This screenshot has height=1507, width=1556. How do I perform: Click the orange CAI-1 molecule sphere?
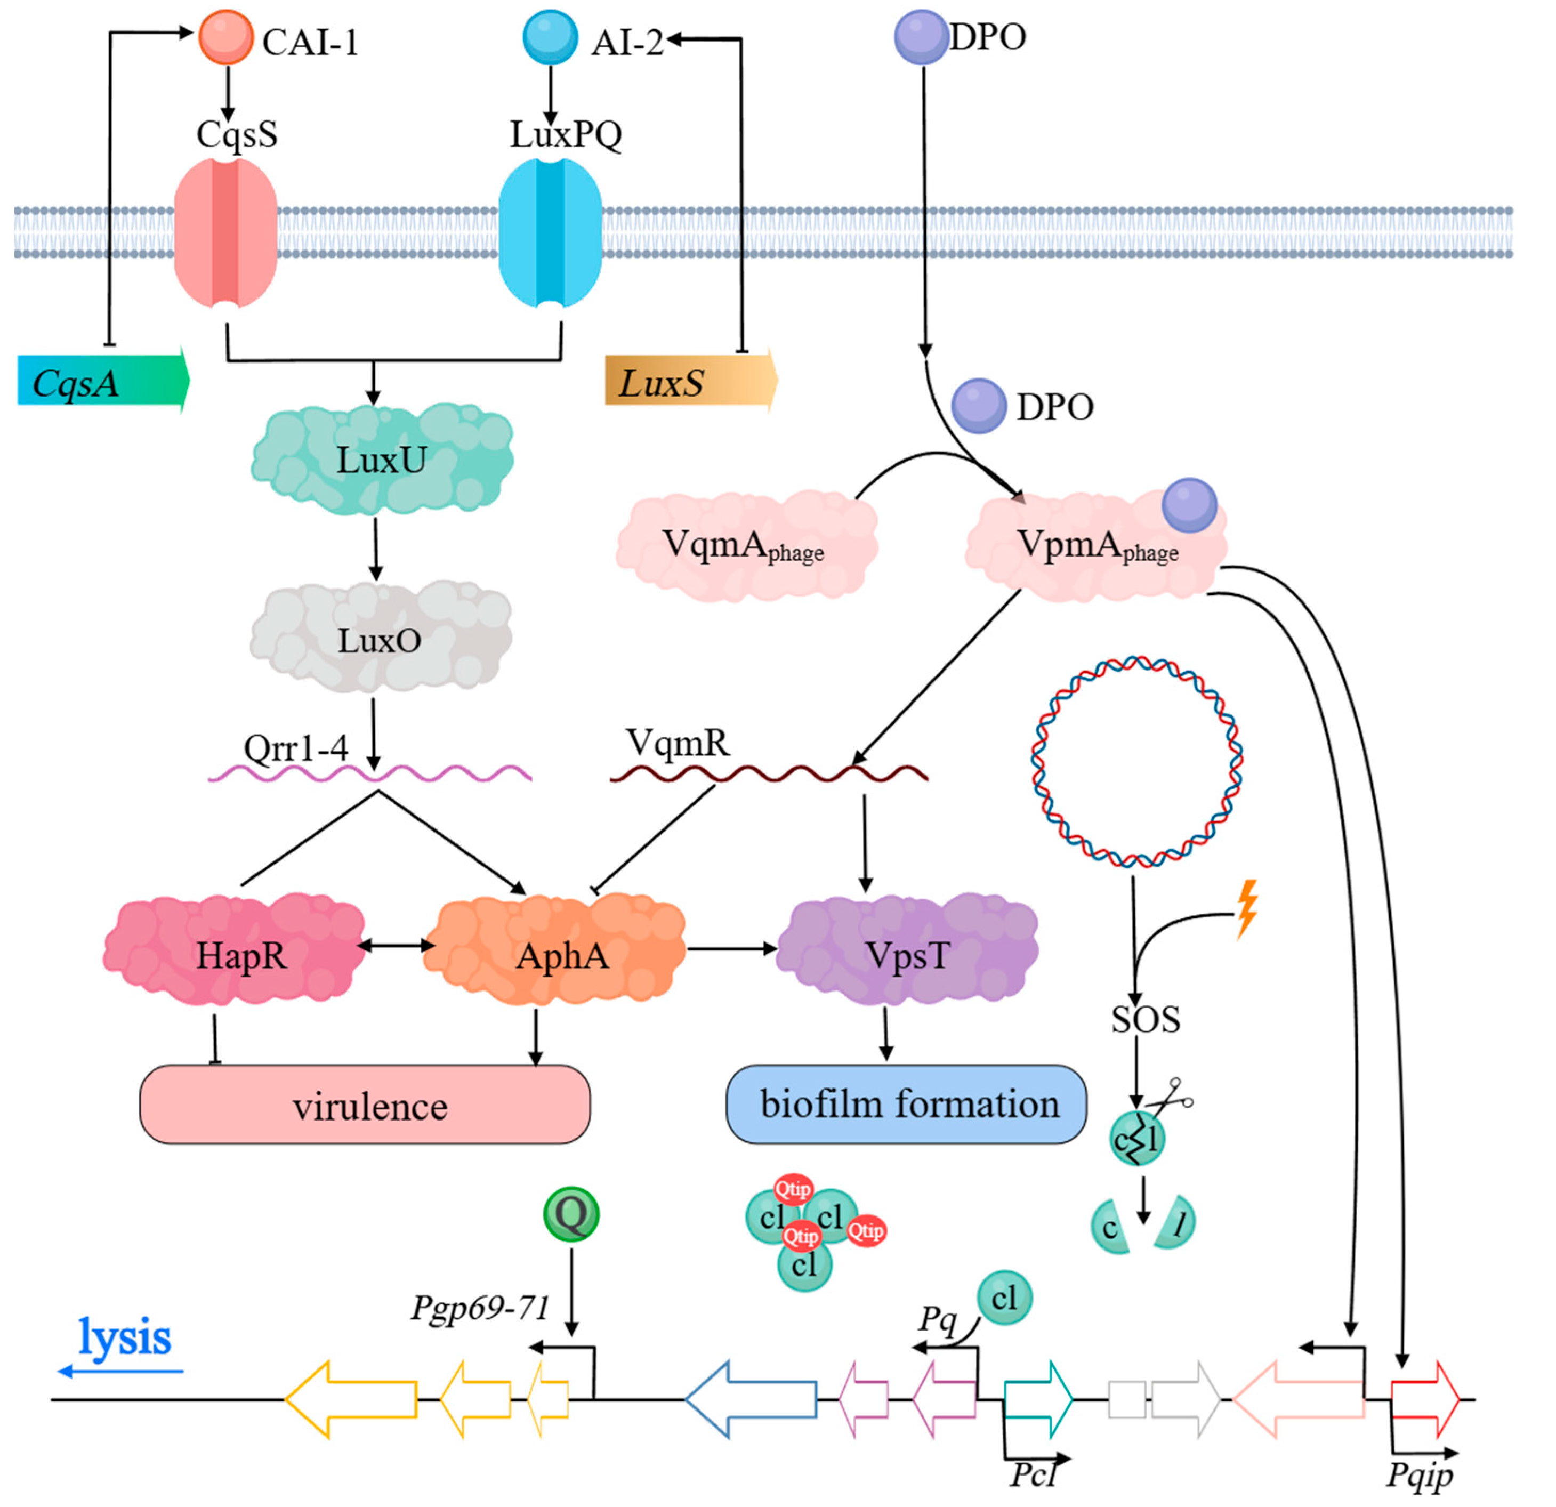click(x=225, y=37)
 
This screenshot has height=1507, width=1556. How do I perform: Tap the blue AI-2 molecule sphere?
click(x=550, y=37)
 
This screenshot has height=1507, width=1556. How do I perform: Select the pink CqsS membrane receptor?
click(x=226, y=232)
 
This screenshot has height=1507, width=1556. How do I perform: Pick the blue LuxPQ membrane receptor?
click(x=550, y=232)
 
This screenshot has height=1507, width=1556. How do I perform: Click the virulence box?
click(x=365, y=1105)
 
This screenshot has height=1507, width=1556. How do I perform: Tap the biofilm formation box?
click(x=907, y=1105)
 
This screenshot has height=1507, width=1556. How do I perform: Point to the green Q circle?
click(x=571, y=1214)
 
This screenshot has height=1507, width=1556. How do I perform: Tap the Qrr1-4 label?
click(x=295, y=748)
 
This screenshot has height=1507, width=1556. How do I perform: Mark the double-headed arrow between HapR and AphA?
click(x=396, y=946)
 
